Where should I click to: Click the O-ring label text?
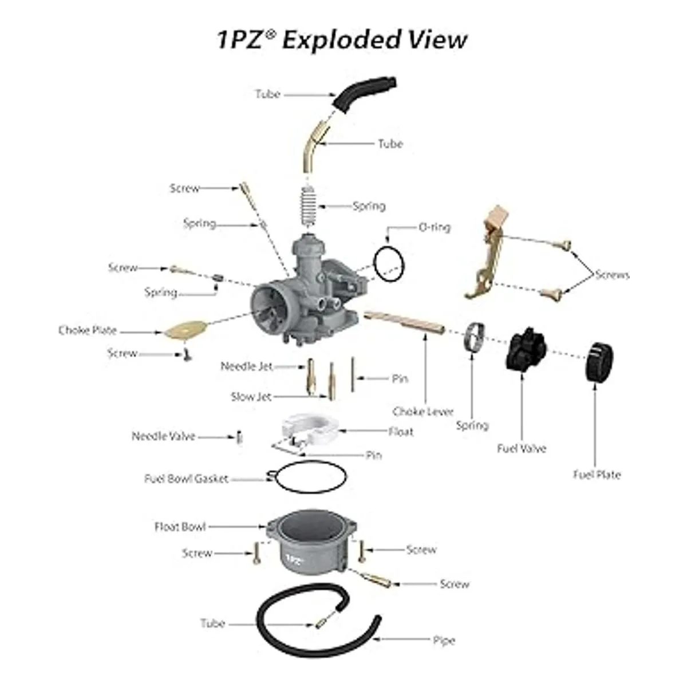coord(434,227)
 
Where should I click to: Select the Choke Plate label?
coord(88,330)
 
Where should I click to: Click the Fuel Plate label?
coord(597,475)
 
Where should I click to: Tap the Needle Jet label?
coord(247,366)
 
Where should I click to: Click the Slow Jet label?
coord(251,397)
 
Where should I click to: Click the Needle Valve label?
coord(163,436)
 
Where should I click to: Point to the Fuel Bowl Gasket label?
coord(186,479)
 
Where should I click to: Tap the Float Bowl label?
coord(180,527)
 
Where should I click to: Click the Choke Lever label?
coord(423,412)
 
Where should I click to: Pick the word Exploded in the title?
coord(342,40)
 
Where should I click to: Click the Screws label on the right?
coord(612,275)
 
